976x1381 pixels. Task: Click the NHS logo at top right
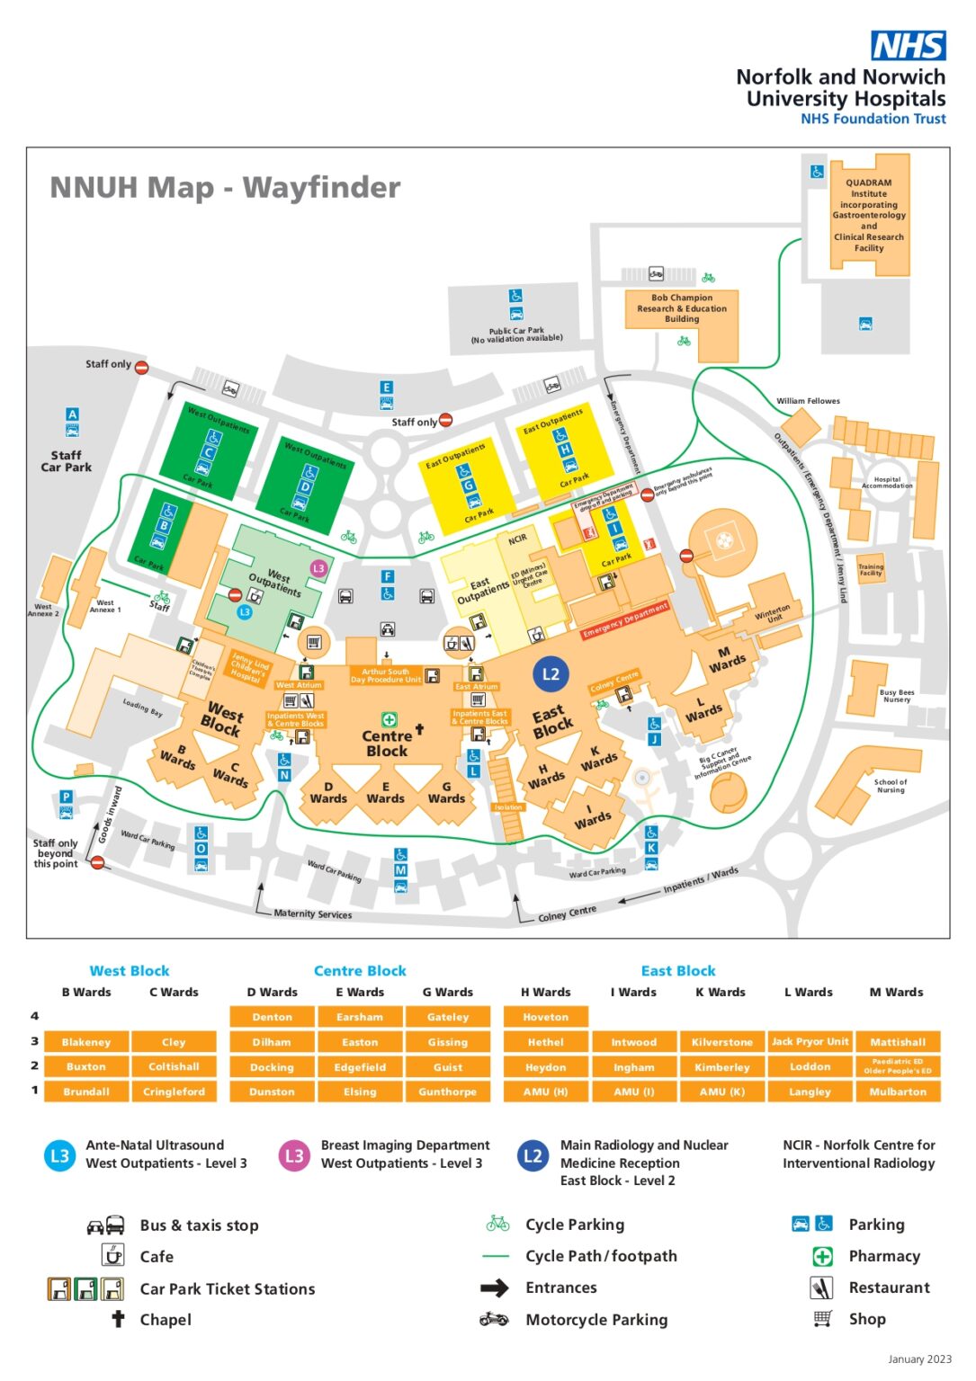click(x=908, y=45)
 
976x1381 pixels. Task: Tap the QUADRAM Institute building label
click(x=868, y=215)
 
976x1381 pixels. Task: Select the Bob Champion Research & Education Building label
click(x=682, y=308)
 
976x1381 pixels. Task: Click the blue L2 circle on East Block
click(x=551, y=673)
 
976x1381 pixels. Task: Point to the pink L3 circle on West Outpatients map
click(x=318, y=568)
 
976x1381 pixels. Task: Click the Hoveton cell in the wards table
click(x=545, y=1017)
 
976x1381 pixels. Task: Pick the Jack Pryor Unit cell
click(x=810, y=1042)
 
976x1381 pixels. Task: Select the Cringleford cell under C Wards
click(x=174, y=1091)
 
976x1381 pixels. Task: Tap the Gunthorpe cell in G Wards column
click(x=447, y=1091)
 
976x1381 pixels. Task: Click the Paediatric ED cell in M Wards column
click(x=897, y=1066)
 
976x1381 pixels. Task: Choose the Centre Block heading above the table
click(x=360, y=971)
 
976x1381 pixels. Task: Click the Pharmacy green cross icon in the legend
click(x=822, y=1256)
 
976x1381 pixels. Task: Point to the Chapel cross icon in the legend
click(x=118, y=1319)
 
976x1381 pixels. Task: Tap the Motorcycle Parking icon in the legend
click(x=494, y=1319)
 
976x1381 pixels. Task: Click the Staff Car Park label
click(x=66, y=461)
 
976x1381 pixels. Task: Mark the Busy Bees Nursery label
click(x=896, y=696)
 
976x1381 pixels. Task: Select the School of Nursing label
click(x=891, y=786)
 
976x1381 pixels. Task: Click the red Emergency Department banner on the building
click(x=624, y=620)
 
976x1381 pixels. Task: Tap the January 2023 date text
click(x=918, y=1359)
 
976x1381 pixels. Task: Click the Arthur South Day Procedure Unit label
click(x=385, y=675)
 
